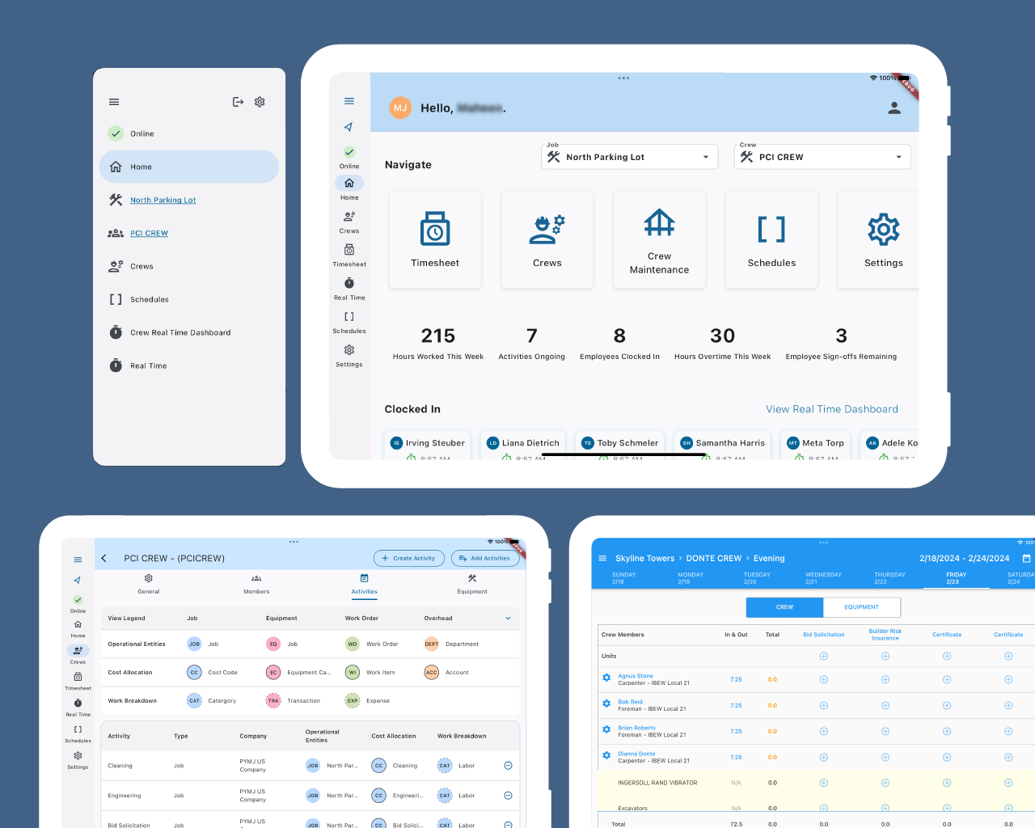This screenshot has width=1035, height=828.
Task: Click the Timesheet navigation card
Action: click(435, 240)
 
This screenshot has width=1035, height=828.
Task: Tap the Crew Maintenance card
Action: click(659, 240)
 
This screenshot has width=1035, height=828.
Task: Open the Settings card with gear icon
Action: click(882, 240)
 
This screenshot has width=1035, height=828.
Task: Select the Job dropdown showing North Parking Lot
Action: click(629, 157)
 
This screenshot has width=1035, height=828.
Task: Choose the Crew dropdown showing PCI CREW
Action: click(822, 157)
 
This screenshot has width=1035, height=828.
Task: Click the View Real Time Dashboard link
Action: click(831, 409)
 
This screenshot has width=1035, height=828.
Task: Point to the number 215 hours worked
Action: click(437, 336)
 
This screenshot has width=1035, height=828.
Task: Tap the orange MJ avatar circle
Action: click(400, 108)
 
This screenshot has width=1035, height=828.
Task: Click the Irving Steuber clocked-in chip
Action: click(429, 443)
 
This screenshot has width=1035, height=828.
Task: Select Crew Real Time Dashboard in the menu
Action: click(180, 332)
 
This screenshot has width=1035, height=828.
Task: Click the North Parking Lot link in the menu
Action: click(163, 200)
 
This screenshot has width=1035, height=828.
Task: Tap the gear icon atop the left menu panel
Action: click(260, 102)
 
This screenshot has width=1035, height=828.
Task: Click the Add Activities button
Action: click(485, 558)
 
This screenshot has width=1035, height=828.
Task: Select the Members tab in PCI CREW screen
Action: click(256, 584)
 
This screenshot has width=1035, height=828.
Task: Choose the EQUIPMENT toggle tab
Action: click(861, 607)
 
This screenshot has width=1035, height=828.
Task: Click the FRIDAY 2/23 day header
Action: click(956, 577)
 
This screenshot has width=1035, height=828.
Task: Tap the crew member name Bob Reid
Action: click(630, 702)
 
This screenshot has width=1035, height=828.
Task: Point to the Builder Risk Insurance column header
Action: click(885, 635)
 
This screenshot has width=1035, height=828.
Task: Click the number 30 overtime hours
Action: click(722, 336)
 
